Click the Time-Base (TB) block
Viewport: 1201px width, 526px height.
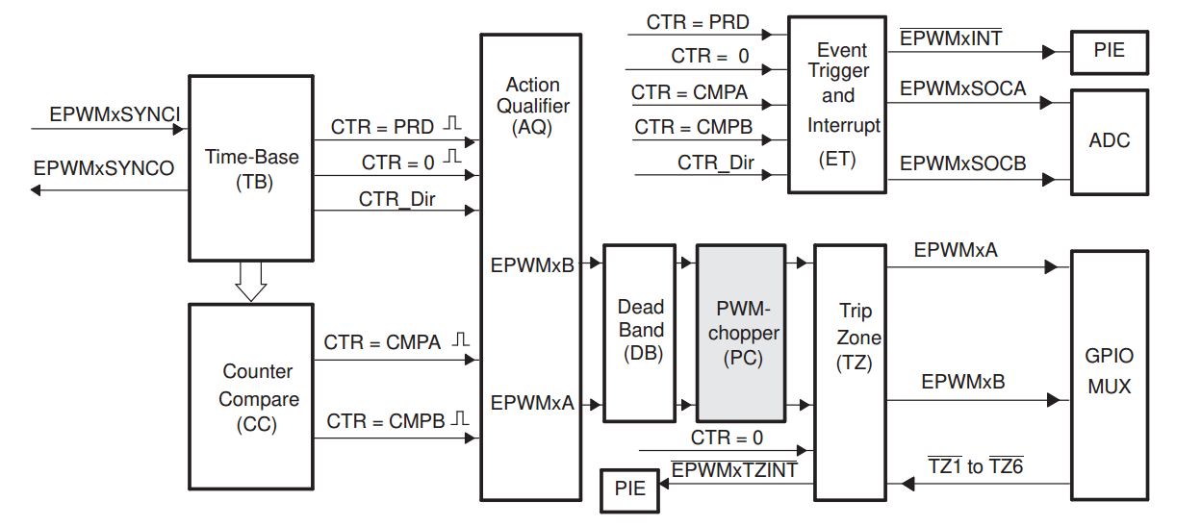coord(251,168)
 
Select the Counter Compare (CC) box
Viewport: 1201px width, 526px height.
coord(251,396)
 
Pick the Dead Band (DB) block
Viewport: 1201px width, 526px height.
coord(640,332)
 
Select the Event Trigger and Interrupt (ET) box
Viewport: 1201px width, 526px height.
coord(837,104)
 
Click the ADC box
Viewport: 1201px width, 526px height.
coord(1109,141)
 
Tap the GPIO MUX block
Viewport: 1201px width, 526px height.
coord(1109,373)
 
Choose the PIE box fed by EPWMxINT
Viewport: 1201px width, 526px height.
coord(1109,50)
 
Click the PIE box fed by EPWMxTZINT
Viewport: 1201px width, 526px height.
coord(629,489)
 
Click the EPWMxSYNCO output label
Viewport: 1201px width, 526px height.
coord(104,168)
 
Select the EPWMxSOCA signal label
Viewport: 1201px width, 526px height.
coord(962,88)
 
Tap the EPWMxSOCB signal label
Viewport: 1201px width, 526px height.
coord(962,163)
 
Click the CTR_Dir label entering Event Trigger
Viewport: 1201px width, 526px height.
coord(716,162)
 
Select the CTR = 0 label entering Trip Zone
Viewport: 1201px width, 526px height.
coord(727,438)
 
